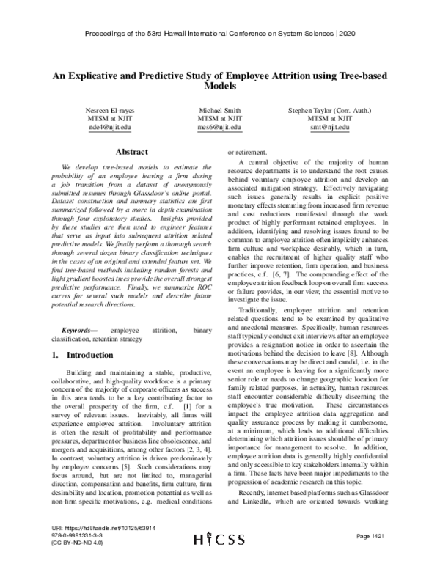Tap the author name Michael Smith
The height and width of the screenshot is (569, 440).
coord(220,110)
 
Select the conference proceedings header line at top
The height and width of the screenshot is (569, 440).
coord(220,34)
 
